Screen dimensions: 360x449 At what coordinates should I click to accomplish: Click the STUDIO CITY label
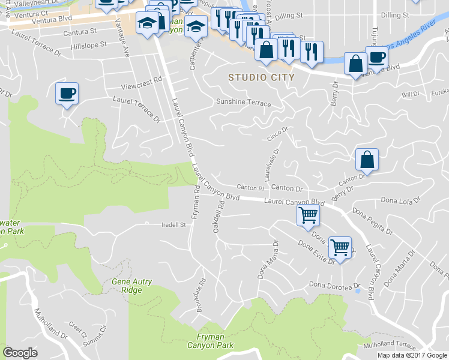(261, 77)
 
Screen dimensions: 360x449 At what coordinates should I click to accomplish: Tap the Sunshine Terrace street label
(243, 103)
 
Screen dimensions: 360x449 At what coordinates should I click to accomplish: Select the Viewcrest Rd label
(142, 79)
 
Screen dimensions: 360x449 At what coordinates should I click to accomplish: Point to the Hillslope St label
(88, 44)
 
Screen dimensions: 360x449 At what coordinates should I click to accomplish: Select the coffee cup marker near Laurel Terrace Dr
(67, 94)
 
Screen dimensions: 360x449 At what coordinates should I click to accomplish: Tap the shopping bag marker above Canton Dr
(367, 160)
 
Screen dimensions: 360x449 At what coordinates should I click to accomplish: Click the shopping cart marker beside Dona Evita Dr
(340, 248)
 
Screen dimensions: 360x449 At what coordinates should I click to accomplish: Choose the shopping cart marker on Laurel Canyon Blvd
(308, 215)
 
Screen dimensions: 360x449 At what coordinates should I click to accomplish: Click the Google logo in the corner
(20, 353)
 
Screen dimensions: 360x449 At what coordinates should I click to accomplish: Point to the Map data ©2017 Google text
(412, 355)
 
